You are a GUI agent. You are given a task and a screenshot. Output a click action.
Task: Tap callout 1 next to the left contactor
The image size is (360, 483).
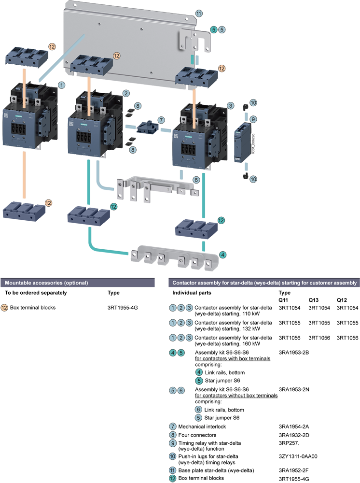61,84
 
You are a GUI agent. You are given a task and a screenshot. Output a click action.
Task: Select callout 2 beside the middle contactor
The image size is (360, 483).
126,93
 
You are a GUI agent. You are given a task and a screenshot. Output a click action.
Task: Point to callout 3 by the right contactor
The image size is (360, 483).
231,105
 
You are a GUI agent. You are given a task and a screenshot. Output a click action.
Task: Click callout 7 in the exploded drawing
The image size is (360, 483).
161,119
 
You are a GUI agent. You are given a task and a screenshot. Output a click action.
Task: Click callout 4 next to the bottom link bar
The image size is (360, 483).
222,255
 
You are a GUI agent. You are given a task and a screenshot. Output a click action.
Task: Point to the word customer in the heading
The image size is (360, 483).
304,283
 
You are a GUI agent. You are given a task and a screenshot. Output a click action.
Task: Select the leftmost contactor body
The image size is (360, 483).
24,126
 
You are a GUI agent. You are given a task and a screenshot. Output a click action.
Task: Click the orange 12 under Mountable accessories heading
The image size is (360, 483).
5,308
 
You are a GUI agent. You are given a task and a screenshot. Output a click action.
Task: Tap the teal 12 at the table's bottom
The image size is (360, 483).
173,479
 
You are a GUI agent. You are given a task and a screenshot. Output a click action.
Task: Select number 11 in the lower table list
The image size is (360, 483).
173,470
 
